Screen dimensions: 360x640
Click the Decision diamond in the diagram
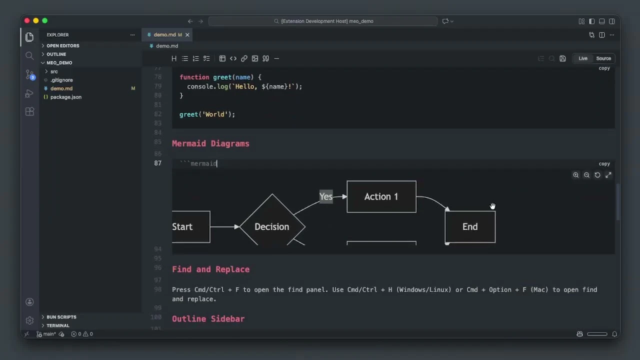(x=272, y=226)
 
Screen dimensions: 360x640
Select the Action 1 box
(x=381, y=196)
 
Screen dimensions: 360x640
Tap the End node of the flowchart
(x=470, y=227)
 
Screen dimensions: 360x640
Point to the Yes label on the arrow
(x=326, y=196)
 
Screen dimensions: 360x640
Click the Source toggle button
(x=603, y=58)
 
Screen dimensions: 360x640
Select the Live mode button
(x=583, y=58)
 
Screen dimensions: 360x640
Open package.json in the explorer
(x=65, y=97)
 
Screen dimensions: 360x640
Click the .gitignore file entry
(x=61, y=80)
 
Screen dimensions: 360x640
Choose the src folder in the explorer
(x=54, y=71)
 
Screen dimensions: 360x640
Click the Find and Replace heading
(x=210, y=269)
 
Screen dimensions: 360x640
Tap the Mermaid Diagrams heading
(x=210, y=143)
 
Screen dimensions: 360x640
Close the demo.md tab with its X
(x=187, y=35)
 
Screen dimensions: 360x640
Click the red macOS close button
(x=27, y=21)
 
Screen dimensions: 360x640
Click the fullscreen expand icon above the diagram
(x=608, y=175)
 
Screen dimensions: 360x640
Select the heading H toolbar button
(x=174, y=58)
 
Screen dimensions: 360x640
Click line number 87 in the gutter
(x=158, y=163)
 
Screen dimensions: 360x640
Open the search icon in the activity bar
(x=29, y=56)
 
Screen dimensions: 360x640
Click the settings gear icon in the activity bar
(x=29, y=320)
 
